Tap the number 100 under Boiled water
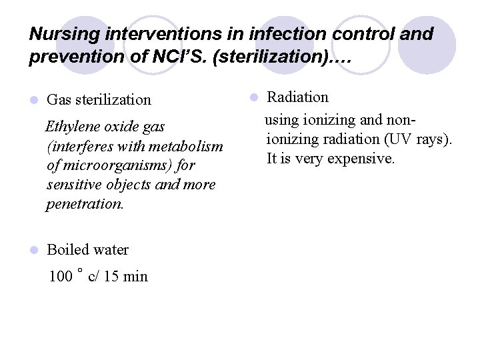pyautogui.click(x=61, y=277)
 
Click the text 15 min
pyautogui.click(x=127, y=277)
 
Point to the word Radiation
pyautogui.click(x=298, y=97)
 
